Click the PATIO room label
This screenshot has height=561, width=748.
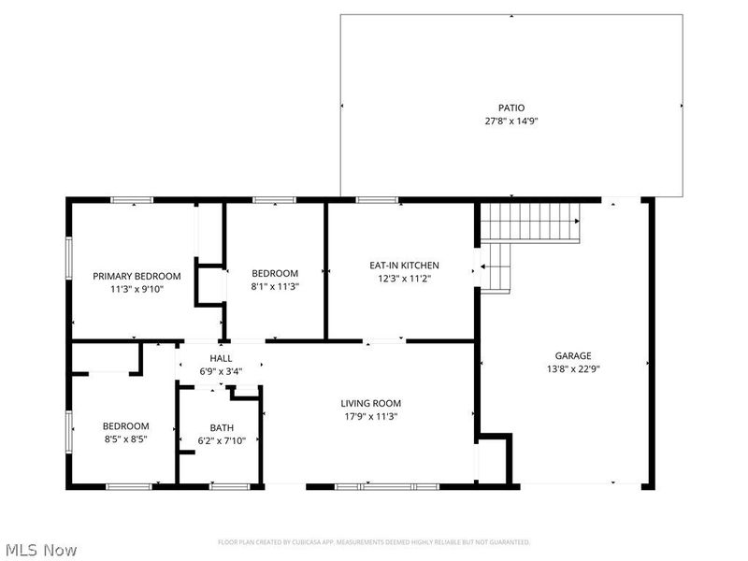pos(511,108)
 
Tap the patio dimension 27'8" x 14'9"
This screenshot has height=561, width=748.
pos(511,121)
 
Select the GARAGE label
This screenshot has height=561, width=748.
pos(573,355)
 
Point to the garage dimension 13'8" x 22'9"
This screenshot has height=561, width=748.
pos(573,368)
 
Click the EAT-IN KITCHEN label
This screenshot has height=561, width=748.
pos(404,266)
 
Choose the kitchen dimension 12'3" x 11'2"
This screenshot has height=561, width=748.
pos(404,278)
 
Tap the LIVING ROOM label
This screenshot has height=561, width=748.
pos(370,404)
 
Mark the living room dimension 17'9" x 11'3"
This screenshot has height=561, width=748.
pos(370,417)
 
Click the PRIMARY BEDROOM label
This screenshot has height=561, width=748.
pos(137,276)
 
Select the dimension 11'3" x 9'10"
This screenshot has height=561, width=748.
pos(137,289)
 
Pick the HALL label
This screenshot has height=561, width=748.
pos(221,358)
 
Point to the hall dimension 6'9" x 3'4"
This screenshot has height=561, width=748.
pos(221,371)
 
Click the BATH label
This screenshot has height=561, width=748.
pos(221,427)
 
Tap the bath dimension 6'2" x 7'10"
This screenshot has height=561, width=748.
pos(221,440)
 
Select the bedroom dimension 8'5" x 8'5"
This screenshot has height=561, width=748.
pos(125,439)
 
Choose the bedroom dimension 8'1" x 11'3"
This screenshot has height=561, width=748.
pos(275,287)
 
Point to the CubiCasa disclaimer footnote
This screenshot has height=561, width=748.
pos(374,542)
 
